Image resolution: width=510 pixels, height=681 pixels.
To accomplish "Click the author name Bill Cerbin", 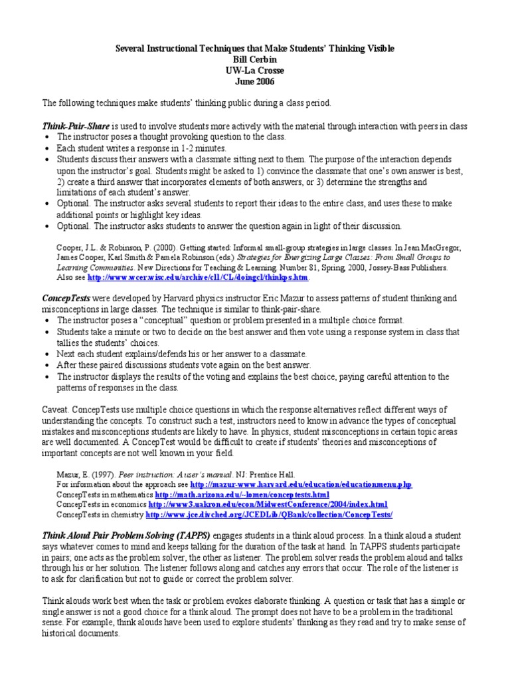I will (x=255, y=60).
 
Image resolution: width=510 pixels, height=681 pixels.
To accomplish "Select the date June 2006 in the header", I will (x=255, y=82).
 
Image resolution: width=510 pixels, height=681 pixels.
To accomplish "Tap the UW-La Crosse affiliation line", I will (x=255, y=70).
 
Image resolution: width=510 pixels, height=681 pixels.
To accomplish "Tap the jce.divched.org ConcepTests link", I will (x=269, y=514).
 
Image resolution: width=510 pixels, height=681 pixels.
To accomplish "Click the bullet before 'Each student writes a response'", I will (x=47, y=148).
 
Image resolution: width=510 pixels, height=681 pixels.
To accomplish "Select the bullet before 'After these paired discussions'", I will (x=47, y=365).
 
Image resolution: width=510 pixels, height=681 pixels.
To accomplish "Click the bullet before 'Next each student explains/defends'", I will (x=47, y=354).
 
